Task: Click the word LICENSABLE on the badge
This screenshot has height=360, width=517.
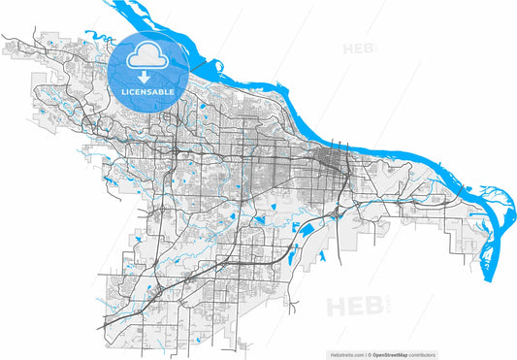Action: [x=148, y=91]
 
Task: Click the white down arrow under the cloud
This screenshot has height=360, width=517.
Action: [x=148, y=76]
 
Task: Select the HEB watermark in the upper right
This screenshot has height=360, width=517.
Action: [x=355, y=47]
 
